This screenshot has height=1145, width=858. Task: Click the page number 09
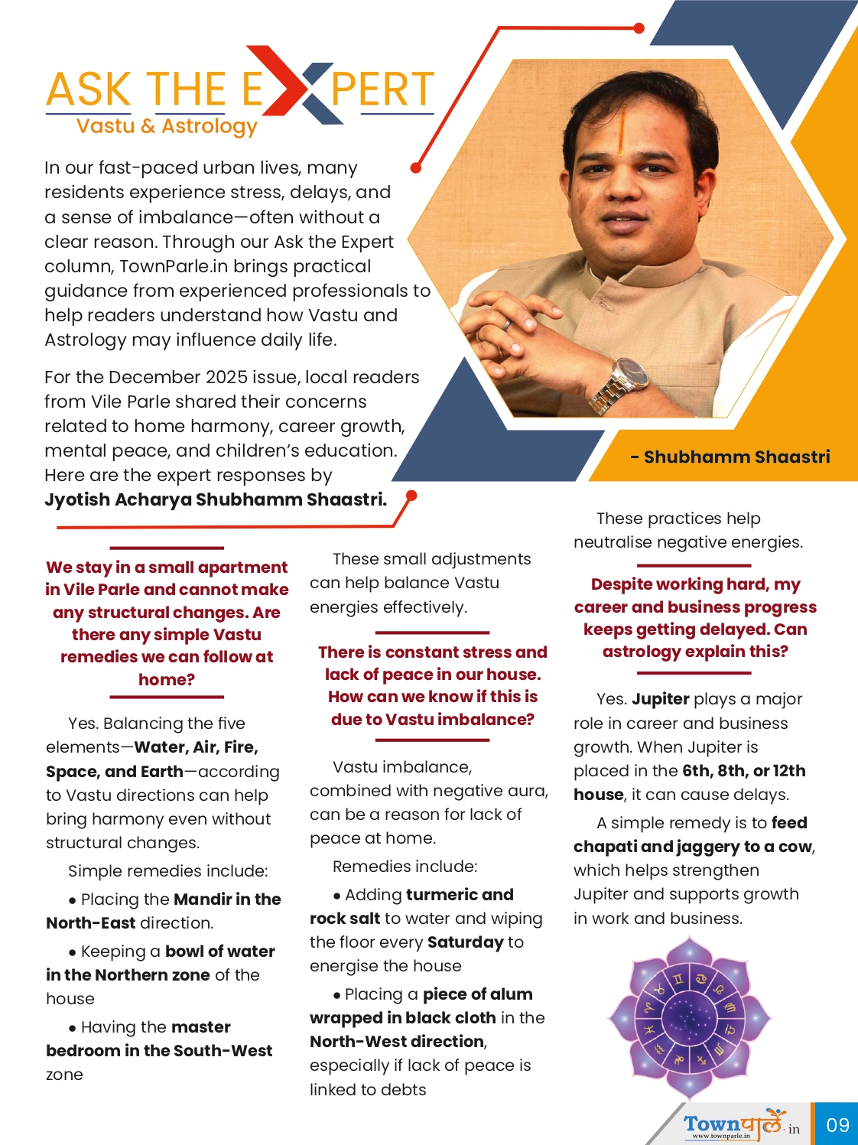pyautogui.click(x=837, y=1124)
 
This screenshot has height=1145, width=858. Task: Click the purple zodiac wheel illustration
pyautogui.click(x=690, y=1017)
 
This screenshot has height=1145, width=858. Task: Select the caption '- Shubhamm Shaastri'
pyautogui.click(x=730, y=457)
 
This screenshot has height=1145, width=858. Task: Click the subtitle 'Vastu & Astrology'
pyautogui.click(x=167, y=126)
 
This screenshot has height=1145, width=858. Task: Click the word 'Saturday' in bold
pyautogui.click(x=466, y=942)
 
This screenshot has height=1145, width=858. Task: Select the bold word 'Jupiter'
pyautogui.click(x=661, y=698)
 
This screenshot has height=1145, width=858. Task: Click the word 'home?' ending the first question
pyautogui.click(x=167, y=679)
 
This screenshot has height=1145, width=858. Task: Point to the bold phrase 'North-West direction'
pyautogui.click(x=397, y=1041)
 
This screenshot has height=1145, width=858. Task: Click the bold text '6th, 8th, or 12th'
pyautogui.click(x=743, y=770)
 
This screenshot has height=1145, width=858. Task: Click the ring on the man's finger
pyautogui.click(x=506, y=324)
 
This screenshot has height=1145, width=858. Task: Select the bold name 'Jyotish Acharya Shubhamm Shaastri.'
pyautogui.click(x=216, y=499)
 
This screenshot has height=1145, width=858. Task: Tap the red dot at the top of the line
pyautogui.click(x=639, y=28)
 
